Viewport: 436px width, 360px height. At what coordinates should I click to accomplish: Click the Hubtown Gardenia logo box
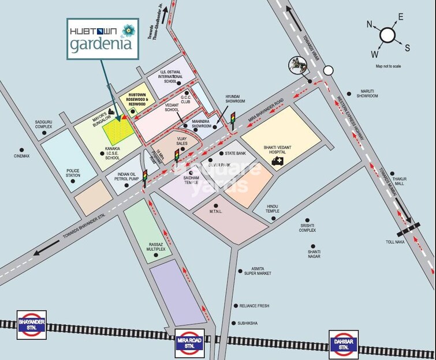103,38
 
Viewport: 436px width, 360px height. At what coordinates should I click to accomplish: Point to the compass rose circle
387,36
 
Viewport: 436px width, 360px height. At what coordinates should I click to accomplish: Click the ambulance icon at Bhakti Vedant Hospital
278,161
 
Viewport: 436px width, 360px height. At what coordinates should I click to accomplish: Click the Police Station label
73,174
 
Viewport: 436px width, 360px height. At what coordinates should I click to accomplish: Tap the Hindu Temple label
273,209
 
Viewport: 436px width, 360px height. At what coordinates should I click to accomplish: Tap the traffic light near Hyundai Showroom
233,119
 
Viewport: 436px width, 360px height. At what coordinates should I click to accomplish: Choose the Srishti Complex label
307,228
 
